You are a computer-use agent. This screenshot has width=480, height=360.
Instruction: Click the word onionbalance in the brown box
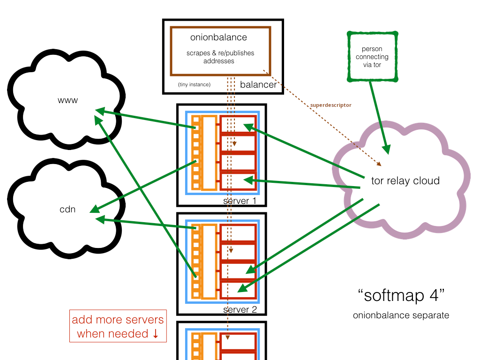tap(218, 37)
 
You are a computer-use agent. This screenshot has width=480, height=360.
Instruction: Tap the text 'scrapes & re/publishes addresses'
tap(220, 57)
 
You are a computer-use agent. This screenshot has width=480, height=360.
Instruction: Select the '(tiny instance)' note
tap(194, 85)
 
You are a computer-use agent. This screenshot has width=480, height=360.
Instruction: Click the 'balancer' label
tap(258, 85)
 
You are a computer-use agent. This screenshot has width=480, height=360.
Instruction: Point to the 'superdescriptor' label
tap(330, 105)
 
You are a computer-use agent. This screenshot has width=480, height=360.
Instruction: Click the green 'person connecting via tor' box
tap(372, 57)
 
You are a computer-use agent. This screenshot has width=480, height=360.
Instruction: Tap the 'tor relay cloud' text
tap(405, 180)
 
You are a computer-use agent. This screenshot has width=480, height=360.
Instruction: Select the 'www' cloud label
tap(67, 100)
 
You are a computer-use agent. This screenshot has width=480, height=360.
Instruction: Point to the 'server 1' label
tap(240, 201)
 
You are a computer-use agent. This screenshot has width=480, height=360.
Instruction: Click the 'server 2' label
tap(240, 310)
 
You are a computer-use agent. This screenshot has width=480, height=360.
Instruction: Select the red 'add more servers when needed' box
tap(118, 326)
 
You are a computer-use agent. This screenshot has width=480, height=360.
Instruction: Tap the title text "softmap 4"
tap(401, 296)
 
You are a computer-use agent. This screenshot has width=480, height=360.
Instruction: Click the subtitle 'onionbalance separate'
tap(401, 315)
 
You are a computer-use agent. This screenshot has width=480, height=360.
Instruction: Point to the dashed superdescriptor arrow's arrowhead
tap(380, 165)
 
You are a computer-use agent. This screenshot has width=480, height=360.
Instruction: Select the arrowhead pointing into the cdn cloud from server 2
tap(98, 218)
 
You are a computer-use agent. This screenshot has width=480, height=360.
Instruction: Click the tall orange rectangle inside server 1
tap(210, 152)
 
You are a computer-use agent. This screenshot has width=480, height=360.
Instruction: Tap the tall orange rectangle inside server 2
tap(210, 261)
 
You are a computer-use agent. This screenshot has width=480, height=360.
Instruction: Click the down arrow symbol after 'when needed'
tap(156, 334)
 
